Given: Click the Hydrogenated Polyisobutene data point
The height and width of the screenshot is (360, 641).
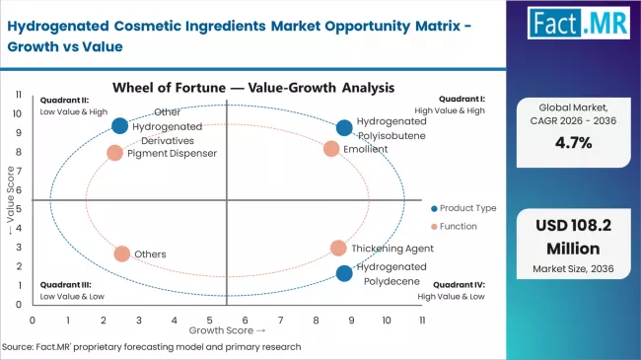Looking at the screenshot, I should [343, 127].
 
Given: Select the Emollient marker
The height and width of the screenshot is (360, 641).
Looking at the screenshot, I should [331, 149].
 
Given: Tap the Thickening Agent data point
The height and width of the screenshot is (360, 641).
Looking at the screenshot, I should [338, 249].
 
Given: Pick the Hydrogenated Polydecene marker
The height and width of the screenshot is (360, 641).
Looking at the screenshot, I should [343, 273].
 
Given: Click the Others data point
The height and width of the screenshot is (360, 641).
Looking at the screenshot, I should [121, 253].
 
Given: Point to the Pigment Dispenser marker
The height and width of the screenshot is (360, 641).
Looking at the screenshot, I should [115, 153].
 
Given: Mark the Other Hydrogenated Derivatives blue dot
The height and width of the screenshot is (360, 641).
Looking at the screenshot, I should [119, 125].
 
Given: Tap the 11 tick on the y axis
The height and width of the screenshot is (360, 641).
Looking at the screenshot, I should [19, 95].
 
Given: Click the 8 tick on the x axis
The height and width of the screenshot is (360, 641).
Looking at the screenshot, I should [316, 320].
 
